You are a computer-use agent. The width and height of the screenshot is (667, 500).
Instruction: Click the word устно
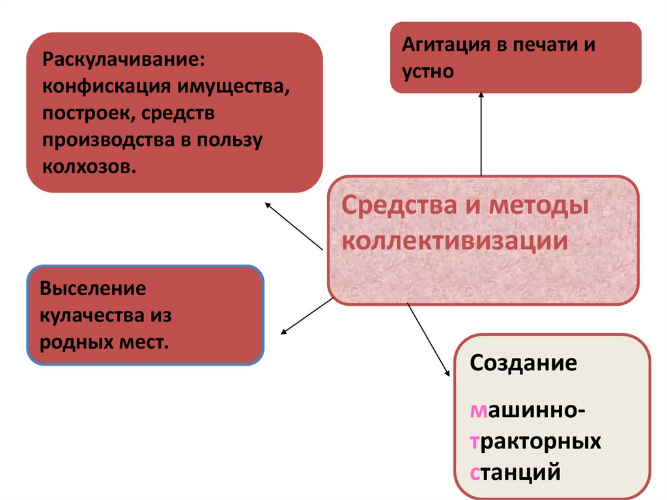coord(427,71)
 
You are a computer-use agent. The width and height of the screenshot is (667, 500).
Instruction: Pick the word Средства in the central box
coord(390,207)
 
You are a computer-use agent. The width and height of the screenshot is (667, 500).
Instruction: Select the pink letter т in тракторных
coord(474,441)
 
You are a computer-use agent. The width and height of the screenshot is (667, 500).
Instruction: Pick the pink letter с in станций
coord(475,470)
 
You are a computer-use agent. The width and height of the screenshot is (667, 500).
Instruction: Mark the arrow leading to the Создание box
coord(429,340)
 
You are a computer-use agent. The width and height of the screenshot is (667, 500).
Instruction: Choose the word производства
coord(110,140)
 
